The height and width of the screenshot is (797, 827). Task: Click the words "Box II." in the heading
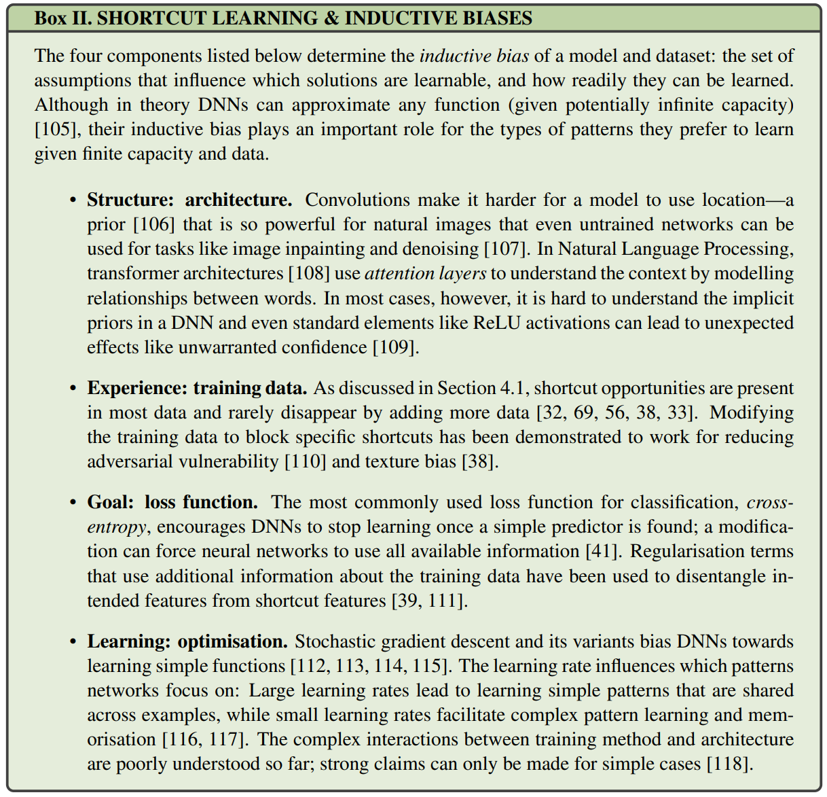[63, 18]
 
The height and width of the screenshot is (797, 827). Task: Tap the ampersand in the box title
[332, 18]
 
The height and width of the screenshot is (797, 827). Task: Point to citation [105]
[58, 129]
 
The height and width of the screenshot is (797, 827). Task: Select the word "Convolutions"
[357, 200]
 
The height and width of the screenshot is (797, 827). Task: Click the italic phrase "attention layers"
[425, 273]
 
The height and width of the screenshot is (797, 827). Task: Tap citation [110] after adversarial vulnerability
[306, 461]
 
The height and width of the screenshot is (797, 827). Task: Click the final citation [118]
[729, 764]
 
